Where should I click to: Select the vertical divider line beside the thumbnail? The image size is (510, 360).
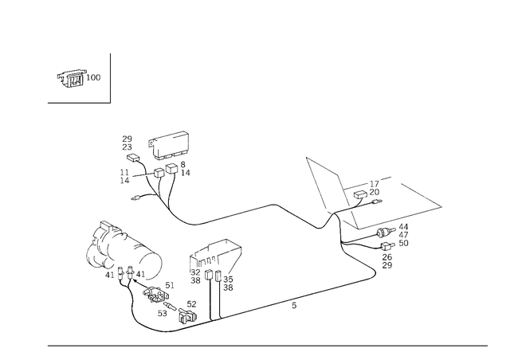point(112,78)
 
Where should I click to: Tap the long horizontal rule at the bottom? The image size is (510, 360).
point(267,345)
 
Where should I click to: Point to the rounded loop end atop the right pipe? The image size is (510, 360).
point(309,161)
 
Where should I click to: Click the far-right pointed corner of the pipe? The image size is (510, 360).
point(441,205)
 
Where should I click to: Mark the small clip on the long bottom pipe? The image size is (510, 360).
point(293,303)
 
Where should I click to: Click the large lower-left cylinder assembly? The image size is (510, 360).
point(124,255)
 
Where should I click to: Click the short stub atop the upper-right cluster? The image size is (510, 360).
point(388,177)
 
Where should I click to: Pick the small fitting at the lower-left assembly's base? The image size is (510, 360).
point(191,307)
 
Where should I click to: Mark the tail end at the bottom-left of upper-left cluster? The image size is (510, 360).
point(138,197)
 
